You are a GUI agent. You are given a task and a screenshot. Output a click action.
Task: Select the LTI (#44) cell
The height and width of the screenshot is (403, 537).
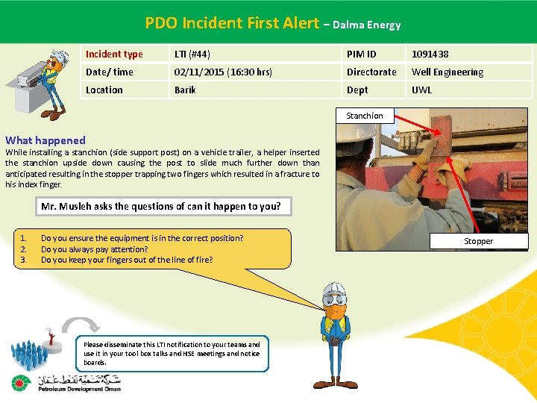point(192,54)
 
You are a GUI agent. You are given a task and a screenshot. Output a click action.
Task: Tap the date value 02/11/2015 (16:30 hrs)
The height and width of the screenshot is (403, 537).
point(222,72)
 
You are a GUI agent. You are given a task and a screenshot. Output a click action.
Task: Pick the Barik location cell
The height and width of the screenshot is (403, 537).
point(185,90)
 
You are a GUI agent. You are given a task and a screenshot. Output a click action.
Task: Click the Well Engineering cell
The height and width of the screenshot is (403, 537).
point(447,72)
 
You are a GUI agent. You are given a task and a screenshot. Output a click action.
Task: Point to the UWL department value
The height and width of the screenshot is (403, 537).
point(422,90)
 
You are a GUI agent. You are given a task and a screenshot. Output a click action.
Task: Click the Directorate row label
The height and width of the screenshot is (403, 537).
point(371,72)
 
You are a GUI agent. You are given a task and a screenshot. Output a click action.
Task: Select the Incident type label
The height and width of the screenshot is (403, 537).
point(114,54)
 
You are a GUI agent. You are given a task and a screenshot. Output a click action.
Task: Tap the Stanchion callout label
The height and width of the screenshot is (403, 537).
point(365,116)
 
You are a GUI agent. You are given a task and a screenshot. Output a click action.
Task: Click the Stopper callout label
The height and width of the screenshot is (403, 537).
point(479,241)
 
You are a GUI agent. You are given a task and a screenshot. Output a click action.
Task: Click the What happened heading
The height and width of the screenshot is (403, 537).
point(45,140)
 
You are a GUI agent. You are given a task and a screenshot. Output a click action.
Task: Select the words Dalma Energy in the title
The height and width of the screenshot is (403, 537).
point(367,25)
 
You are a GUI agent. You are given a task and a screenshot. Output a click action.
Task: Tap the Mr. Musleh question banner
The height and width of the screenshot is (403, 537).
point(164,206)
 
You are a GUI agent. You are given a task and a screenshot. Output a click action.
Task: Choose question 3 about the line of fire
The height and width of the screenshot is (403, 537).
point(127,260)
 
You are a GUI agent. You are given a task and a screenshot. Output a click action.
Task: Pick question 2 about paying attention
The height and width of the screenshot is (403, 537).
point(95,249)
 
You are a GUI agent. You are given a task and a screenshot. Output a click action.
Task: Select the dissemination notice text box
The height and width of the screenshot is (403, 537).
point(172,353)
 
